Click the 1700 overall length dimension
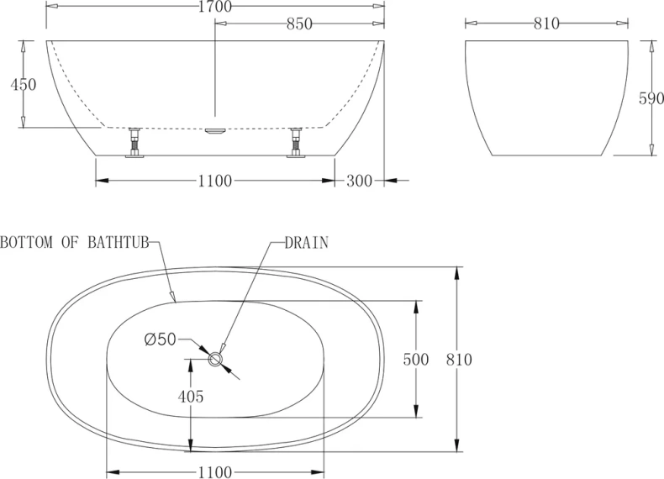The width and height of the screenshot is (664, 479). point(215,7)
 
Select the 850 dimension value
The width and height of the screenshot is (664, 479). point(299,24)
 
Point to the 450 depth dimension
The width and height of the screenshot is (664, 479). point(24,85)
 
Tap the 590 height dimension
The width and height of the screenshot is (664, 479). point(651,98)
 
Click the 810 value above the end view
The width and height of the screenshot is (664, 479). point(546,24)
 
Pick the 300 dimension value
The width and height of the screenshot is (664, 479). point(359,182)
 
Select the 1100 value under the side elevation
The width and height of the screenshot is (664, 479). point(215,182)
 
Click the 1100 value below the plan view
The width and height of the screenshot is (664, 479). point(215,472)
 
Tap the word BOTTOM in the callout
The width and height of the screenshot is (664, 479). point(26,243)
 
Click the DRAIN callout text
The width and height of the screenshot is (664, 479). point(307,243)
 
